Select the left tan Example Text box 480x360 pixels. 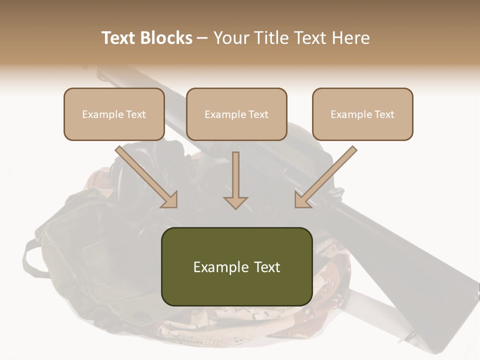(114, 114)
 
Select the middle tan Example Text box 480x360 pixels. (236, 114)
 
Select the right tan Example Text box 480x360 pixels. (362, 114)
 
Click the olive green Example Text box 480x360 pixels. (236, 266)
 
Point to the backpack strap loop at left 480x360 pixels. (31, 260)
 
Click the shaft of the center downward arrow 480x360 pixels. (235, 172)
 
